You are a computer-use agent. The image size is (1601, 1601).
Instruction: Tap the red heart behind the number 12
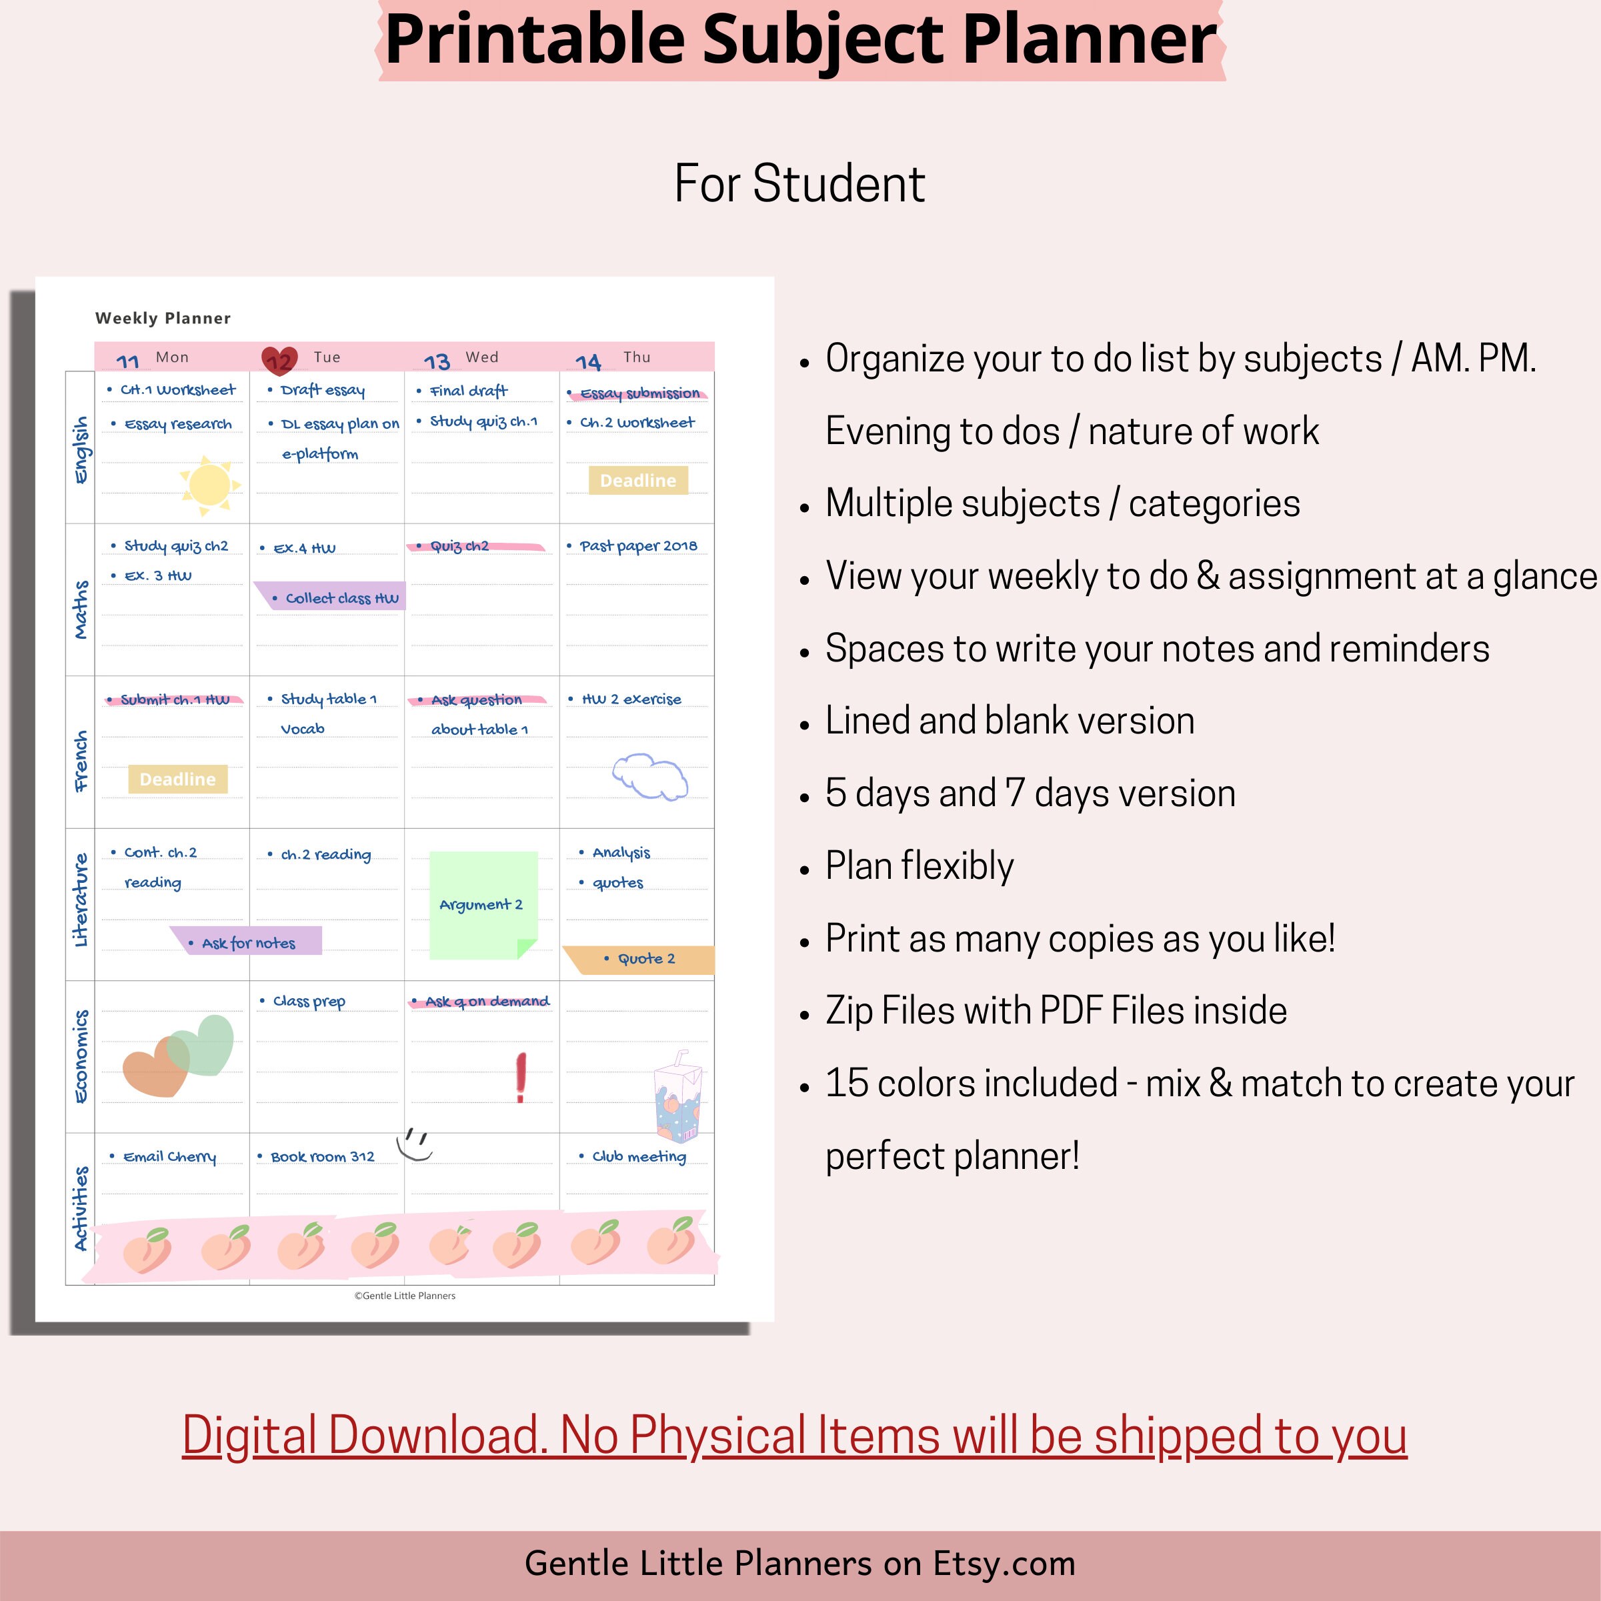pos(279,359)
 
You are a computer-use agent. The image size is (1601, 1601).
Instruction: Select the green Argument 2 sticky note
pos(483,905)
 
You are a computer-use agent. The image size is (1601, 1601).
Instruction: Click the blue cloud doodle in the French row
pos(651,776)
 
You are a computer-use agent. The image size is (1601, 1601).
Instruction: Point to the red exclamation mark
pos(520,1078)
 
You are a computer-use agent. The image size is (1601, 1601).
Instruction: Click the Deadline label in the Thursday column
pos(638,481)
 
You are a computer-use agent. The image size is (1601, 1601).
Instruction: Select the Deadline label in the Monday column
pos(177,779)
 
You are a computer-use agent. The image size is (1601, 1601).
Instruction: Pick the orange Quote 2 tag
pos(639,959)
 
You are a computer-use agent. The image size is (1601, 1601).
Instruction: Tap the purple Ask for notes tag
pos(247,942)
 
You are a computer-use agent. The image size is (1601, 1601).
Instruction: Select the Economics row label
pos(81,1057)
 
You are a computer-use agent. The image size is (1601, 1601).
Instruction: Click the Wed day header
pos(481,357)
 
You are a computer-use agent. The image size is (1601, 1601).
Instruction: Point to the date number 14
pos(587,362)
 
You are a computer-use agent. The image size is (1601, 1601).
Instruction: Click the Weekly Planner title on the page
pos(163,318)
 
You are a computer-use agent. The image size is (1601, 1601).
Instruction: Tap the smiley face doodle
pos(415,1144)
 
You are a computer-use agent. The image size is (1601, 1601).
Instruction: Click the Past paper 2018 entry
pos(638,545)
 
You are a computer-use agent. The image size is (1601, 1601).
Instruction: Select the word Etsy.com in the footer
pos(1004,1564)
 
